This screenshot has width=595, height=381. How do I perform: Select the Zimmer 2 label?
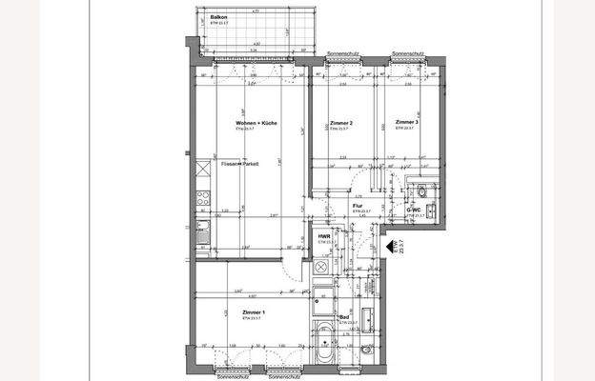(x=340, y=124)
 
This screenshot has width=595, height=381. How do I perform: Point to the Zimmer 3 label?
(x=406, y=123)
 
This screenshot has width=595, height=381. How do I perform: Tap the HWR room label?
(x=323, y=235)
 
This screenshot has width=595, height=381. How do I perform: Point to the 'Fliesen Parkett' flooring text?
(x=239, y=164)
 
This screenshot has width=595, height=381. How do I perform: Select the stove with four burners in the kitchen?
(x=202, y=198)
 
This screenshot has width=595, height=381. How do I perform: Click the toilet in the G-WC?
(x=420, y=190)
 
